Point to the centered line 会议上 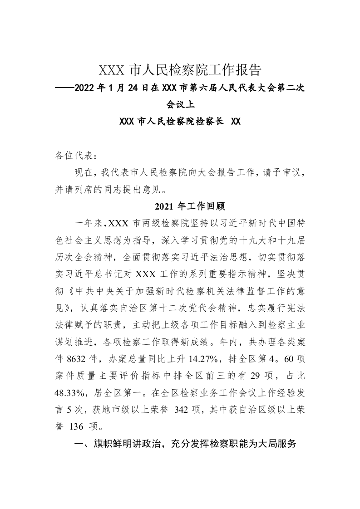pos(180,105)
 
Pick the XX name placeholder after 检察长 pos(236,122)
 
